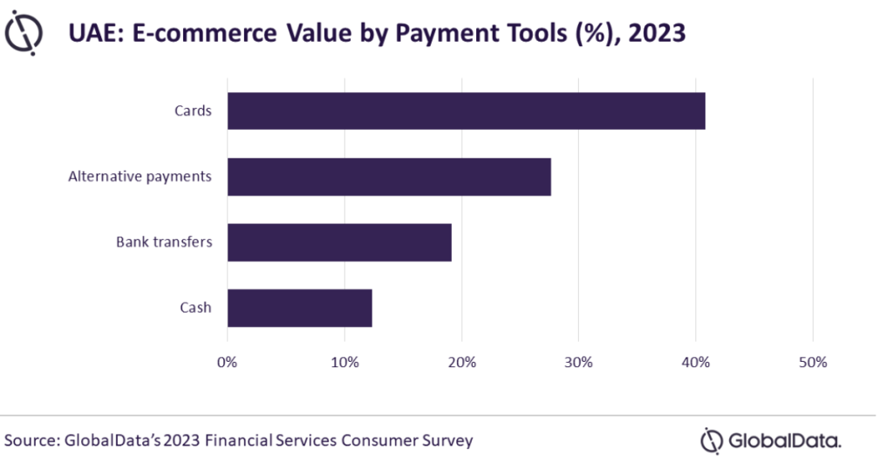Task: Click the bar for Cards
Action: [466, 111]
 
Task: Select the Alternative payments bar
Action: [389, 176]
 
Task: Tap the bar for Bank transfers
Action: [339, 241]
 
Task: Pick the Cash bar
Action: [299, 308]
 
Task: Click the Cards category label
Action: [193, 111]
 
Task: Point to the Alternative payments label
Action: [140, 176]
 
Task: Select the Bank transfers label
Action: [164, 241]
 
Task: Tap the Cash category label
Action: [195, 308]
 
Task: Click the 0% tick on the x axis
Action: [227, 362]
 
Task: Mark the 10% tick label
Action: [344, 362]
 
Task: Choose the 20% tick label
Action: [461, 362]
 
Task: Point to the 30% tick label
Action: [578, 362]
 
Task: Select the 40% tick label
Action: [695, 362]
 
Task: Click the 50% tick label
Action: [812, 362]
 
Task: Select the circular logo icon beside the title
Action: [24, 34]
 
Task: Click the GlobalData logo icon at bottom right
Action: [712, 440]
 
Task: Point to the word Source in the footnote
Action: [31, 440]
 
